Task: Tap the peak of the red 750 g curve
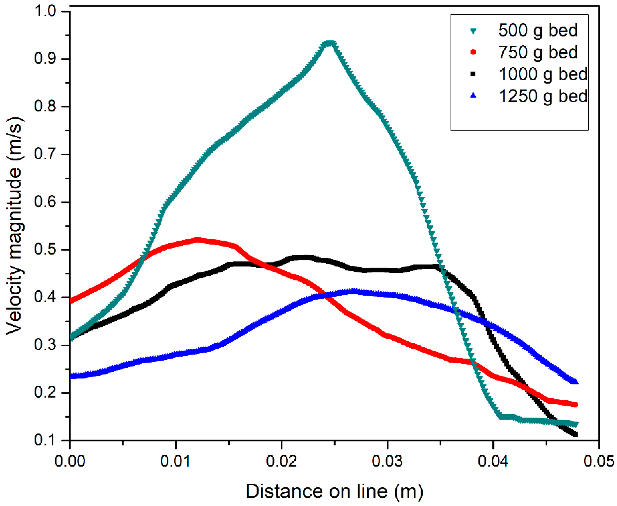[x=198, y=240]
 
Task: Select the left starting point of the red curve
[x=71, y=301]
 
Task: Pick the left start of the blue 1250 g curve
[x=71, y=376]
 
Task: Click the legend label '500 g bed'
[x=538, y=30]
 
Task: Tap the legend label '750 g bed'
[x=538, y=52]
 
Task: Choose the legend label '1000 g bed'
[x=543, y=74]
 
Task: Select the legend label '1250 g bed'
[x=543, y=96]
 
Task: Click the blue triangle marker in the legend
[x=473, y=96]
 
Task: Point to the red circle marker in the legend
[x=473, y=52]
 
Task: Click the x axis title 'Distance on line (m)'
[x=334, y=491]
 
